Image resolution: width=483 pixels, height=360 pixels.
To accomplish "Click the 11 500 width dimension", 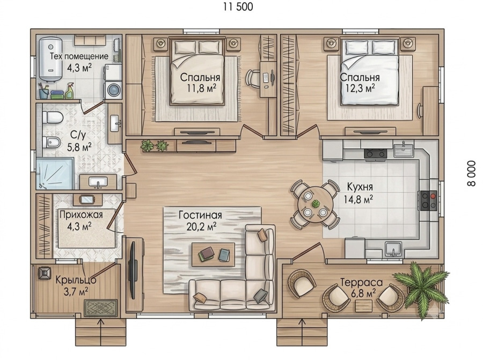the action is coord(238,7).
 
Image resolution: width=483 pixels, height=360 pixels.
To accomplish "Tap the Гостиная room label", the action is coord(200,215).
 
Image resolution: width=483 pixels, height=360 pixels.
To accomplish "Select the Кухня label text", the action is coord(360,187).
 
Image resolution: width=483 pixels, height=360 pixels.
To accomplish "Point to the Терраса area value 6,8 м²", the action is coord(363,292).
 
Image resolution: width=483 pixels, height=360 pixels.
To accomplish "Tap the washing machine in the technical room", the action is coord(113,90).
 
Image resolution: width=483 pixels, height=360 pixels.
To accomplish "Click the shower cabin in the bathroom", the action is coord(55,174).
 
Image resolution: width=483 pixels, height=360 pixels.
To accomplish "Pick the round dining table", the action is coord(315,203).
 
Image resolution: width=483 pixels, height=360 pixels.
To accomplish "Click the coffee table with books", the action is coord(213,254).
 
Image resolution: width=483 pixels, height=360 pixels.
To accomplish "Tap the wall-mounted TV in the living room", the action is coord(134,270).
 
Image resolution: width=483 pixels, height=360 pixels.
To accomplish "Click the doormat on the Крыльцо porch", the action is coord(101,308).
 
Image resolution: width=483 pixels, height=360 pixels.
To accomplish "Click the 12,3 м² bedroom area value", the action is coord(360,89).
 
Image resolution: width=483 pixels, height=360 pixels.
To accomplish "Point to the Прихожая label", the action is coord(80,215).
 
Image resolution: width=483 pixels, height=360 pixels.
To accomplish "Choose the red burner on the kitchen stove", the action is coord(434,196).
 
